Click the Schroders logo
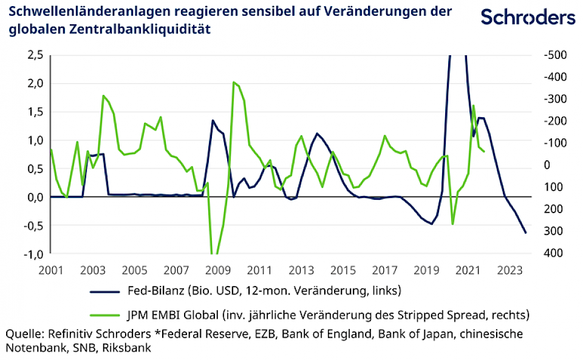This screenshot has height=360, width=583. click(x=528, y=18)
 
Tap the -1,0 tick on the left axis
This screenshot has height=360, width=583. click(x=33, y=254)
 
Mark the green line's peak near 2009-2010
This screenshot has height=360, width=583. click(x=234, y=82)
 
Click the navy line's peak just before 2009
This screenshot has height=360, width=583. click(x=213, y=120)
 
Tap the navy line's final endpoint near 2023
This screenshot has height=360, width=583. click(x=526, y=233)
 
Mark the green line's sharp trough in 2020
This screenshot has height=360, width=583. click(x=452, y=224)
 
